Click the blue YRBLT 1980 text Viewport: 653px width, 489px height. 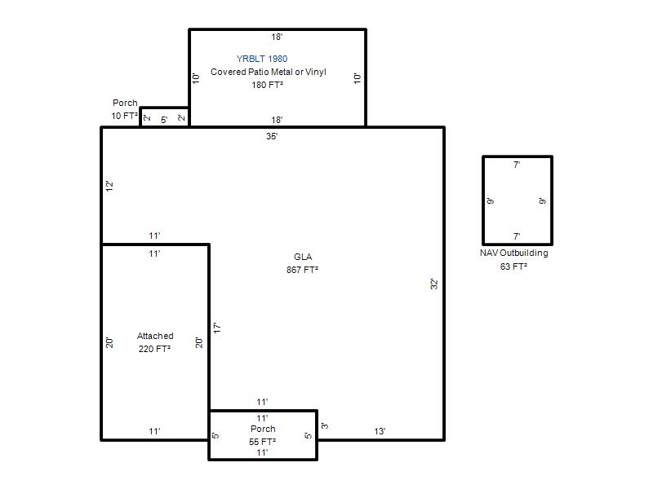(262, 59)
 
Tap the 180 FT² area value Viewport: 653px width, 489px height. (268, 85)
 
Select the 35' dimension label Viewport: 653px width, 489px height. (272, 136)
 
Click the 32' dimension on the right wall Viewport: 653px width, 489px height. (434, 284)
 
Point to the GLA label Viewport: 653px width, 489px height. (303, 257)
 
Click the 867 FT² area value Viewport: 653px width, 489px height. (302, 270)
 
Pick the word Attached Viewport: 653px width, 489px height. (155, 336)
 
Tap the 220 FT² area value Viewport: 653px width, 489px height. (154, 349)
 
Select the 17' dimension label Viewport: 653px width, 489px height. (217, 328)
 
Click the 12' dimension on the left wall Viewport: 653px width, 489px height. (109, 186)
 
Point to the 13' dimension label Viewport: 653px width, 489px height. (380, 432)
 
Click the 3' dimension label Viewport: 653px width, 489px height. (325, 425)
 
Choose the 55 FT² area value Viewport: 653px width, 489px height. (262, 442)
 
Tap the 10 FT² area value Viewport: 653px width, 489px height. (125, 116)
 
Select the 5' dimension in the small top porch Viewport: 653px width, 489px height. (165, 120)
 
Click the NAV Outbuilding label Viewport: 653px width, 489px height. (514, 253)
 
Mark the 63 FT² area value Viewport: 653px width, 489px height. (513, 267)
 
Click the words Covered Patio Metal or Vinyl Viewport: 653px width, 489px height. (269, 72)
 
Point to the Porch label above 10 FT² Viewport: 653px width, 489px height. (125, 103)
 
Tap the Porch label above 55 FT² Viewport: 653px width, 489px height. (263, 429)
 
